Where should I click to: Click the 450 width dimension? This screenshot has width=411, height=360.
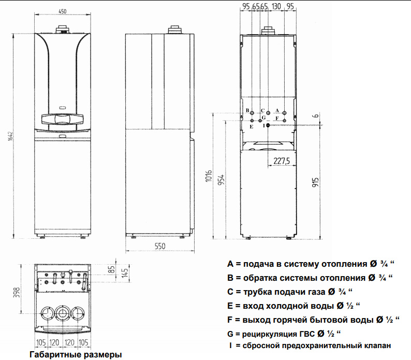coord(63,11)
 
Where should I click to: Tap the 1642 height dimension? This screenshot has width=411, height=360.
coord(10,136)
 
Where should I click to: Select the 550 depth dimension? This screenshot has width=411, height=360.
coord(160,246)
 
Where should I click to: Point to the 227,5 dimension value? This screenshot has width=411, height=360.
coord(282,161)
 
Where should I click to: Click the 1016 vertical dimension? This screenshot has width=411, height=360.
coord(209,176)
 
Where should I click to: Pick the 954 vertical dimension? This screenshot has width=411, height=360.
coord(222,179)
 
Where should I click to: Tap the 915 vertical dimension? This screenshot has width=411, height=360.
coord(316,182)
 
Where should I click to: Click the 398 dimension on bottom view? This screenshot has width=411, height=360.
coord(16,292)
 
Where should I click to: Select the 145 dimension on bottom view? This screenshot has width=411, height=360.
coord(125,273)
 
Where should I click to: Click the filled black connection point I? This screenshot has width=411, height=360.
coord(268,125)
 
